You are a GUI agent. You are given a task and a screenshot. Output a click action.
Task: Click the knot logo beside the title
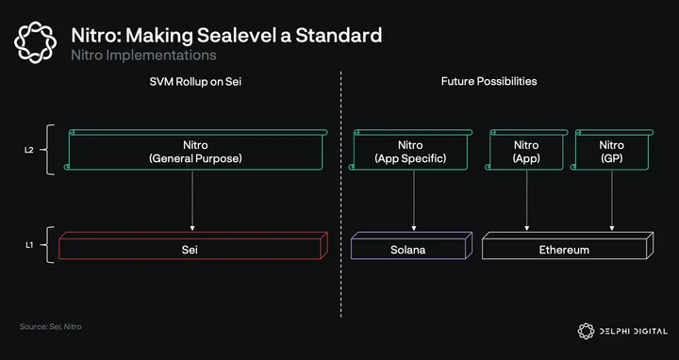[35, 42]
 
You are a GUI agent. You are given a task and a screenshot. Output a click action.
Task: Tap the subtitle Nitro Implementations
[143, 56]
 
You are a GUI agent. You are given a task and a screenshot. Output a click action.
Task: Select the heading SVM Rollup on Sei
[195, 81]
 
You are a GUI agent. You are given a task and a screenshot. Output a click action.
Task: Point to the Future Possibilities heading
[489, 81]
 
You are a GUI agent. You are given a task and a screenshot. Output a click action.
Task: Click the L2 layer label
[28, 151]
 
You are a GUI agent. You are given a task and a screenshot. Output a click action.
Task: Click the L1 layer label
[28, 245]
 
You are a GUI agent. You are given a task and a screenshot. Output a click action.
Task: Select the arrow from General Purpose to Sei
[192, 201]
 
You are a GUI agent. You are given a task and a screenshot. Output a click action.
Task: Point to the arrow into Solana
[414, 201]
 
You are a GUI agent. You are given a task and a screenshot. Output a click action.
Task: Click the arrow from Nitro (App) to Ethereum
[527, 201]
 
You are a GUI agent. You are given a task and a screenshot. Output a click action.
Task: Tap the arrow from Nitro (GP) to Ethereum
[612, 201]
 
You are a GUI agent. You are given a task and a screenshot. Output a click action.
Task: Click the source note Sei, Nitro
[50, 327]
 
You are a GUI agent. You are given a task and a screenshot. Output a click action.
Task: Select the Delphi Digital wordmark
[633, 332]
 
